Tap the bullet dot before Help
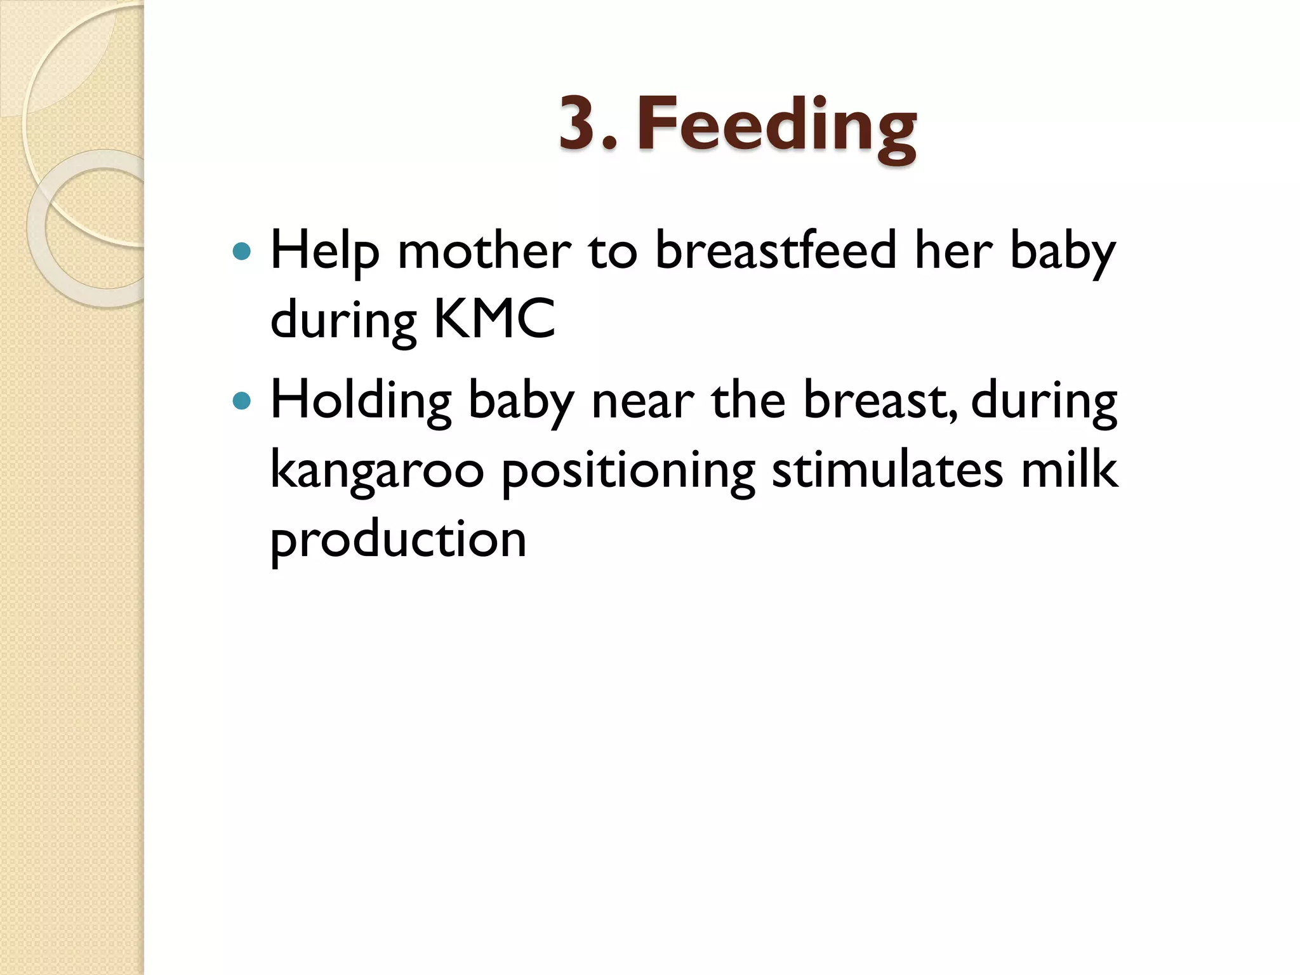click(242, 252)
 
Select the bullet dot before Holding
click(242, 401)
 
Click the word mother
click(484, 251)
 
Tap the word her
click(953, 250)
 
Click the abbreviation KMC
click(494, 319)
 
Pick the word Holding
click(361, 401)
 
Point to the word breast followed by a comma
click(879, 401)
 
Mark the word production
click(398, 540)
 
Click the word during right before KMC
click(343, 320)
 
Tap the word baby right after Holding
click(521, 402)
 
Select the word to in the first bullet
click(613, 251)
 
